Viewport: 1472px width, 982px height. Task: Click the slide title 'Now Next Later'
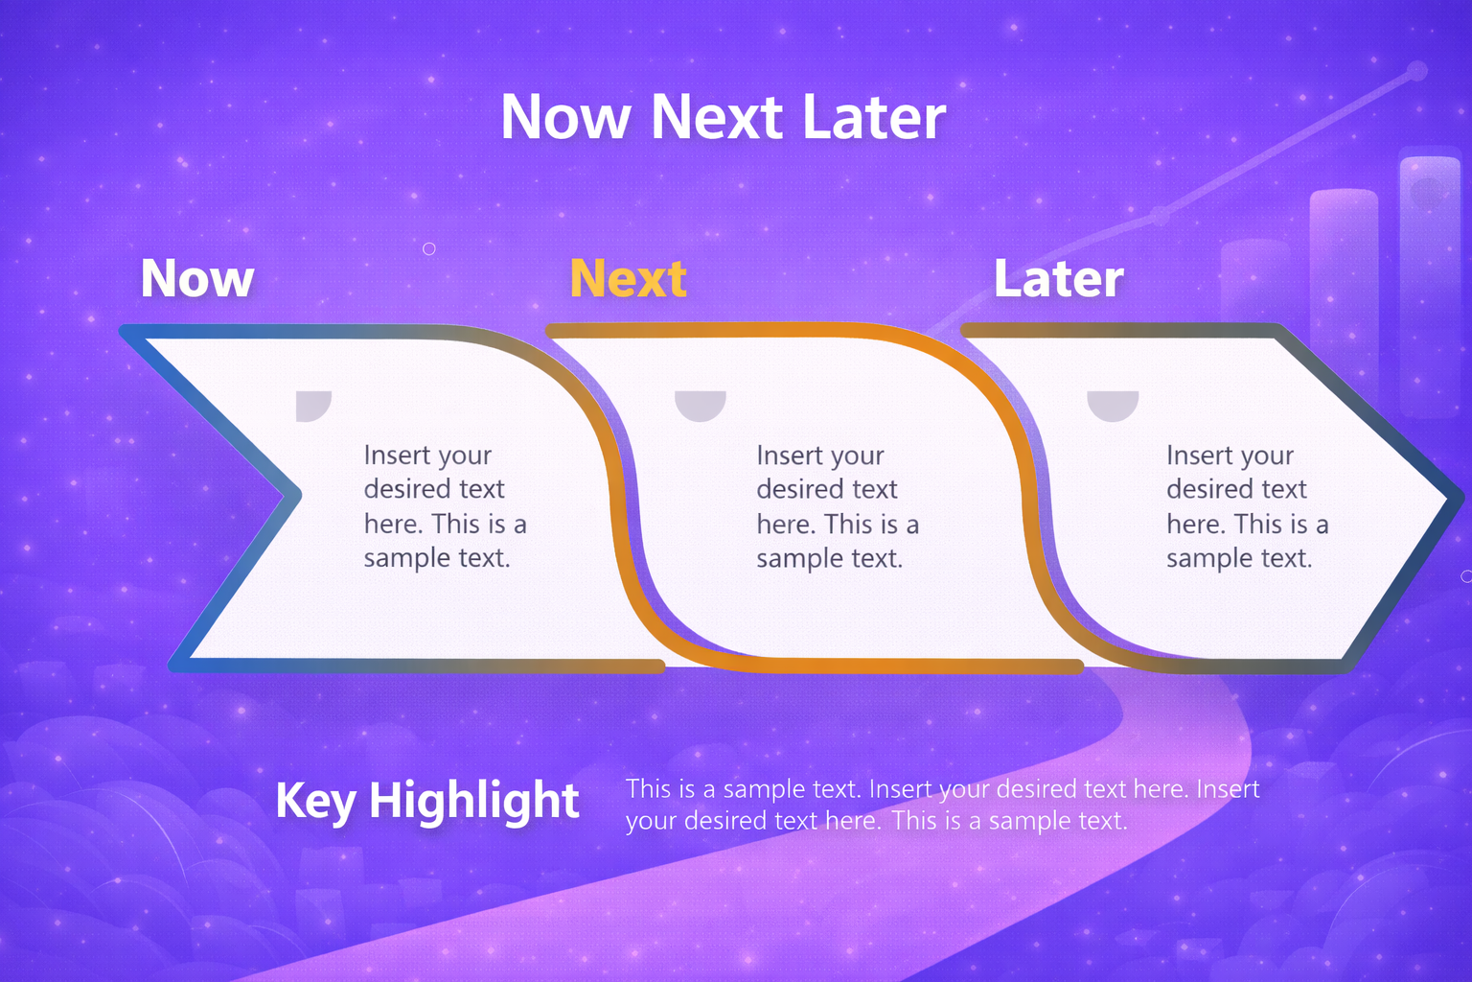coord(723,117)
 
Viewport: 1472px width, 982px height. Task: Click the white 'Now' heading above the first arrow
coord(197,278)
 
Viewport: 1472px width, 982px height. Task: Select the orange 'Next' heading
coord(629,278)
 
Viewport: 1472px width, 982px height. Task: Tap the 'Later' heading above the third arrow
coord(1059,278)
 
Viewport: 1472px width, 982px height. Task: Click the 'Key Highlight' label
coord(427,801)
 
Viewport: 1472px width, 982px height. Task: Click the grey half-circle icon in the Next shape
coord(701,405)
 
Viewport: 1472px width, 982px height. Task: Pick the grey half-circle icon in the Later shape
coord(1113,405)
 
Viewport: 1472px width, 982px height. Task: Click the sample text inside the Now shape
coord(446,506)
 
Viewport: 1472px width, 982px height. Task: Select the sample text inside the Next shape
coord(838,506)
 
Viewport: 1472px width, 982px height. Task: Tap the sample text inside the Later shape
coord(1247,506)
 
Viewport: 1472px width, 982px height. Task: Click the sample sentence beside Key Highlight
coord(942,805)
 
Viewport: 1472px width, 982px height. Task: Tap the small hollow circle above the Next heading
coord(429,248)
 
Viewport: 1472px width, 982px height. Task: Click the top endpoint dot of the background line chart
coord(1418,70)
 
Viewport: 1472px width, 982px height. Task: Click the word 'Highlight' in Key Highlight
coord(473,801)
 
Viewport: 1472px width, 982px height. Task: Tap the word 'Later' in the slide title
coord(874,117)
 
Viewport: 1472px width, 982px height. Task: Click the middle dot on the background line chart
coord(1160,215)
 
